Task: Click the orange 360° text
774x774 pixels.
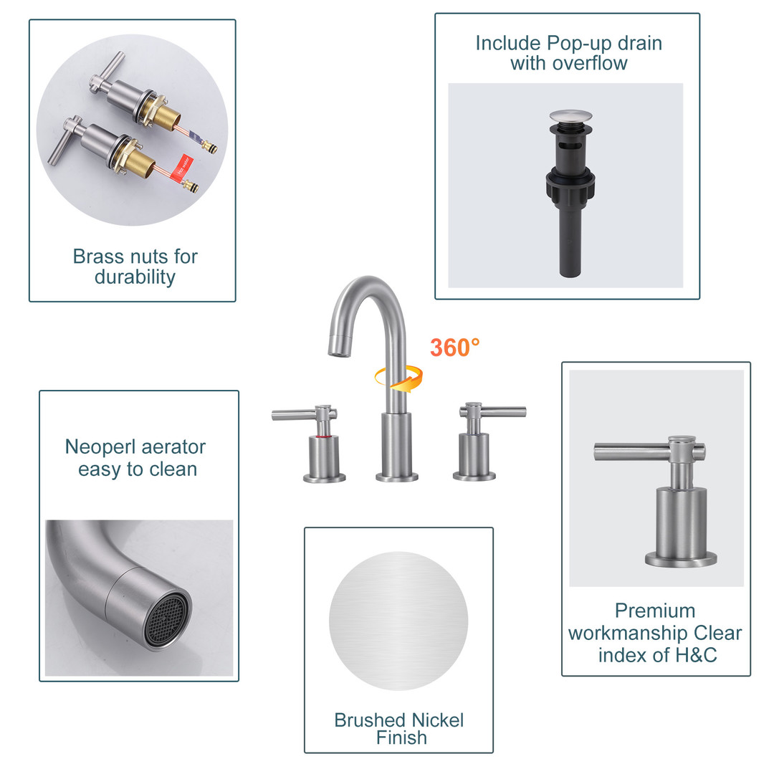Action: tap(454, 348)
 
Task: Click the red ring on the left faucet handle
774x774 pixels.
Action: tap(323, 437)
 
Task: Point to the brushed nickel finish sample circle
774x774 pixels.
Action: tap(398, 621)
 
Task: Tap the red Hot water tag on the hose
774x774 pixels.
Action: tap(181, 166)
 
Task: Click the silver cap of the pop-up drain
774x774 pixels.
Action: tap(570, 117)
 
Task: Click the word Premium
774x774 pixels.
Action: tap(654, 611)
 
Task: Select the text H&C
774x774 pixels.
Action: tap(695, 655)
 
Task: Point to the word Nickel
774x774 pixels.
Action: tap(437, 720)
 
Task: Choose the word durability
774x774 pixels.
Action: tap(135, 277)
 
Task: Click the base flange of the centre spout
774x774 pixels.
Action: tap(397, 477)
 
